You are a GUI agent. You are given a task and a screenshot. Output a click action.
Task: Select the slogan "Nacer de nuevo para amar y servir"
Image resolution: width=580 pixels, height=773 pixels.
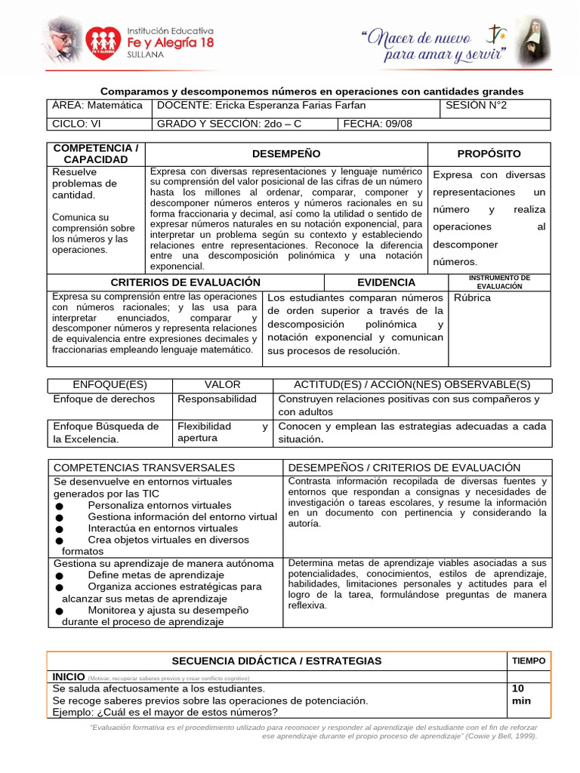point(433,45)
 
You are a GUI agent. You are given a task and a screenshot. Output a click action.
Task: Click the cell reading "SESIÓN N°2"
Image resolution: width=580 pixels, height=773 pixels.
point(477,106)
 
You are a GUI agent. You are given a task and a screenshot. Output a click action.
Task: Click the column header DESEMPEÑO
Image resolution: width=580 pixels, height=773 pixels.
point(286,153)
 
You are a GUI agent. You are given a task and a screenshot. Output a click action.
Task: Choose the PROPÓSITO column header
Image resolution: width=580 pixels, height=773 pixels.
point(489,153)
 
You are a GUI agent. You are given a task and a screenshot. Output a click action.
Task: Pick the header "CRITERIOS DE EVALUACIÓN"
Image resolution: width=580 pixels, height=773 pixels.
point(185,282)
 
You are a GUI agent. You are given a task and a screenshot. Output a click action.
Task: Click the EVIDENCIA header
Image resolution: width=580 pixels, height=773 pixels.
point(386,282)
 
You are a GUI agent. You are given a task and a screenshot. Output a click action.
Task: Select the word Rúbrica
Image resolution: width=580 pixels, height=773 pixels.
point(473,297)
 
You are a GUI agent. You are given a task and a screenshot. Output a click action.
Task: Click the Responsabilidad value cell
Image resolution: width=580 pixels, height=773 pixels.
point(217,399)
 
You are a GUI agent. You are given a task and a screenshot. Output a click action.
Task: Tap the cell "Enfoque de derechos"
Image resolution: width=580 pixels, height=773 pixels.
point(103,399)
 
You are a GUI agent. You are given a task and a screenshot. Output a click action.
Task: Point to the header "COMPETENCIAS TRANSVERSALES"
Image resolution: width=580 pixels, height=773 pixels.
point(144,467)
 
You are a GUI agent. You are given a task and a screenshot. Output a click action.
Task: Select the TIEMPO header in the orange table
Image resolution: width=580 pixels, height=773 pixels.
point(529,660)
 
